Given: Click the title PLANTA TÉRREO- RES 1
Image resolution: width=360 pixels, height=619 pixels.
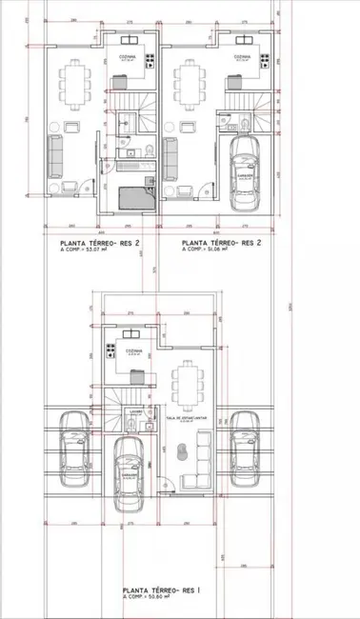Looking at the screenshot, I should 161,590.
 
